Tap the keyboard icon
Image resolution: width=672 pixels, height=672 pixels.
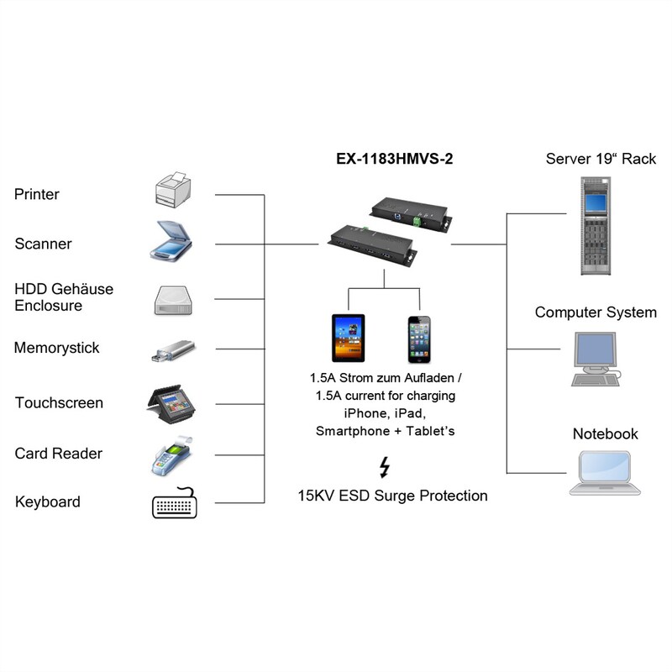176,504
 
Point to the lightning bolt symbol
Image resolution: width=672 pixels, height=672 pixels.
385,467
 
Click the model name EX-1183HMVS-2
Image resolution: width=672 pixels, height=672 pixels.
388,159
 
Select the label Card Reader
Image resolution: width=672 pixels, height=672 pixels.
59,454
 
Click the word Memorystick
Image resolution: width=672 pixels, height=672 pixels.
57,348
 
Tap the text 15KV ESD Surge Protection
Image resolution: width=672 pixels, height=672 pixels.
392,496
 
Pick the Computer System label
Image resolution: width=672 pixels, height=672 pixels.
596,312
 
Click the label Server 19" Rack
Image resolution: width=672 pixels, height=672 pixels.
601,159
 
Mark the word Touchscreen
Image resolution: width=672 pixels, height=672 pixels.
59,403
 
